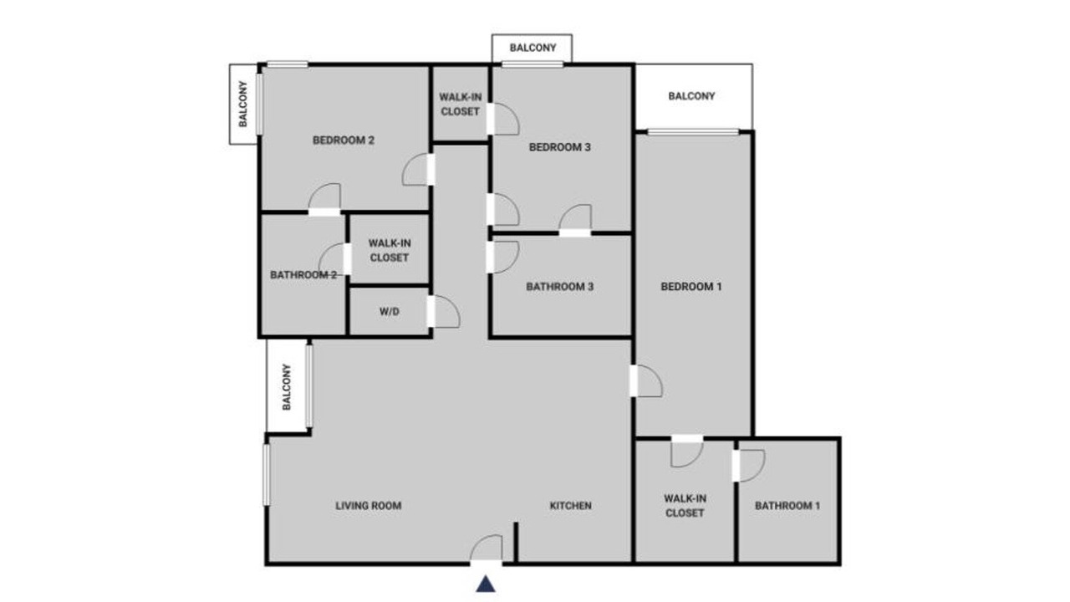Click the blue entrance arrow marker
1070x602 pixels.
click(x=486, y=584)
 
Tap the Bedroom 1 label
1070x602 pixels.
click(x=690, y=287)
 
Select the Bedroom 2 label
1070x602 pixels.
click(x=344, y=140)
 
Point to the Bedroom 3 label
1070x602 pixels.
click(x=560, y=147)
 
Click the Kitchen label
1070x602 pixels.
click(x=570, y=506)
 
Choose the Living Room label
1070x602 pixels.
click(x=369, y=506)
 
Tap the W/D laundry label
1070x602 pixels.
click(x=390, y=312)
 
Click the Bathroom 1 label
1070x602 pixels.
click(x=787, y=506)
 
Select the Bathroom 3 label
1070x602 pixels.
click(x=560, y=287)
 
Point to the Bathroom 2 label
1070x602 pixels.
click(x=303, y=275)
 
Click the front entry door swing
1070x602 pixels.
click(x=486, y=548)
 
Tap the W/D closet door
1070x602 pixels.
click(x=444, y=312)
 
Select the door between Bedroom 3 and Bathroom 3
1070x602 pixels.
click(x=575, y=220)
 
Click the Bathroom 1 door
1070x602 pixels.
click(x=749, y=466)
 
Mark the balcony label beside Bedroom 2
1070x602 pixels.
click(x=243, y=104)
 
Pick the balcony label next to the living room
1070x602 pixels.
click(x=286, y=387)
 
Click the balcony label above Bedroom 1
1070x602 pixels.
click(x=691, y=96)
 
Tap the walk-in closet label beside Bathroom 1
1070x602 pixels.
click(x=685, y=506)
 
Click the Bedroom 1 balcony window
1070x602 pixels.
click(x=693, y=132)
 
